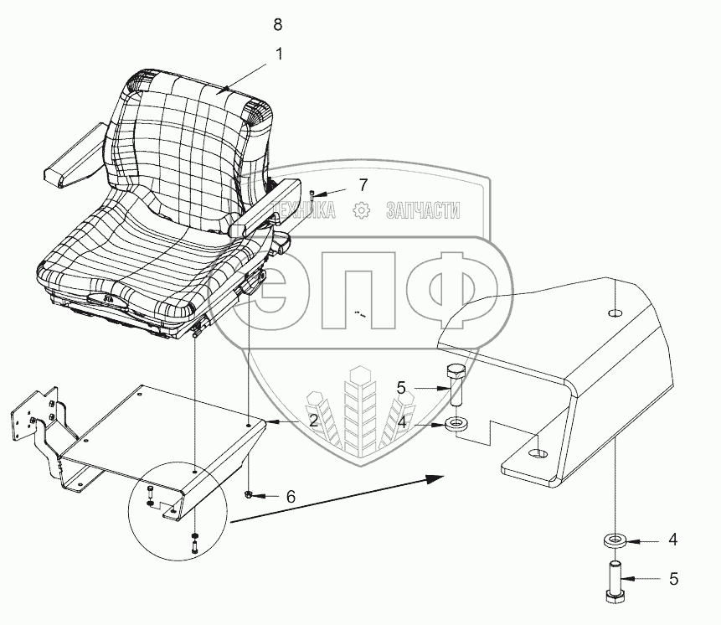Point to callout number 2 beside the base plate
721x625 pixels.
312,421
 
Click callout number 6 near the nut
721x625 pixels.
291,497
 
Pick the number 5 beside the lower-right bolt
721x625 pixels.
674,578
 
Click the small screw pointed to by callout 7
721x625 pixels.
312,195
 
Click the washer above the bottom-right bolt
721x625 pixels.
615,540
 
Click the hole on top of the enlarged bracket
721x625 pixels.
615,313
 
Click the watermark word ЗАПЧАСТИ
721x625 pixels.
423,210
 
